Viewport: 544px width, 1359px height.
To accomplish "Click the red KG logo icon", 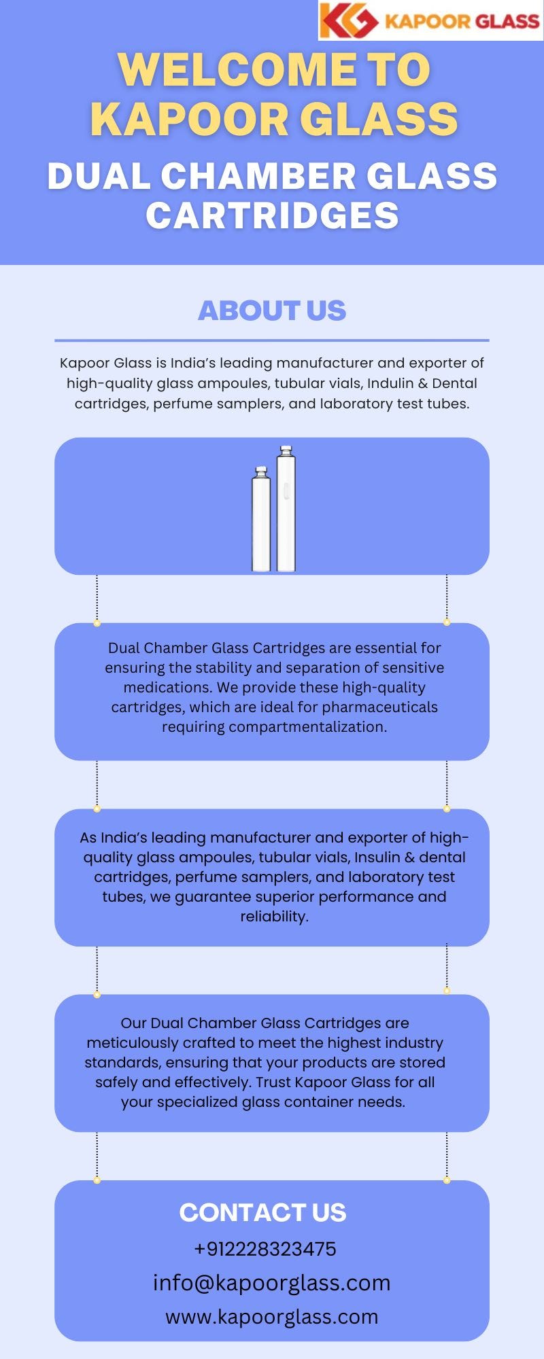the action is point(349,20).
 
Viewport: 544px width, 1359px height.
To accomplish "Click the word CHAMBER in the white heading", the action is point(258,176).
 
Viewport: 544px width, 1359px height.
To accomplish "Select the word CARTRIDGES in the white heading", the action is point(272,215).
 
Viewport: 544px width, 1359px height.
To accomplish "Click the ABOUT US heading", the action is point(272,311).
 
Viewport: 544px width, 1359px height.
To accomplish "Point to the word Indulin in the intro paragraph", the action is point(391,383).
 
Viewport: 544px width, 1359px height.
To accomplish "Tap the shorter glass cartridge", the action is point(261,518).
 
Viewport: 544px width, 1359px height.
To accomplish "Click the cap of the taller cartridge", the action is point(286,451).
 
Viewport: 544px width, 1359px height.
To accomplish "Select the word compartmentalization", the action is point(307,727).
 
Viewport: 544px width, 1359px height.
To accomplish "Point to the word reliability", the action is point(275,917).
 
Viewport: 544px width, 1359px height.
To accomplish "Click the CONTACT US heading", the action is point(262,1212).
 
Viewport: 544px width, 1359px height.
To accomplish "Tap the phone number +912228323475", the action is point(265,1249).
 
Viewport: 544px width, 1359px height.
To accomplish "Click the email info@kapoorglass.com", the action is point(272,1283).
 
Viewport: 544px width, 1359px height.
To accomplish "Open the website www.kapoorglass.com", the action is point(272,1317).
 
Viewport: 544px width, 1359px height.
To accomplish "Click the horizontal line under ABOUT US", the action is point(272,340).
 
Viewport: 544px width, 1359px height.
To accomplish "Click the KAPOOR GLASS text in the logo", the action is point(462,21).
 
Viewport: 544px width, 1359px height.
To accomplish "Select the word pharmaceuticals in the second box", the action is point(379,707).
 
